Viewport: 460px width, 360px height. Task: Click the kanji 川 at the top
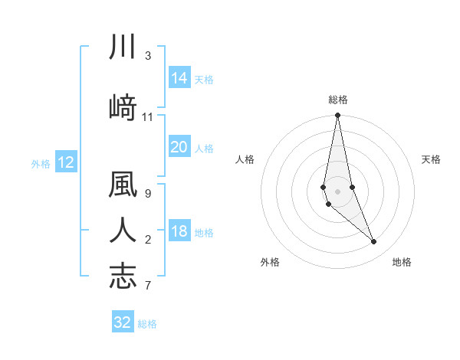(123, 47)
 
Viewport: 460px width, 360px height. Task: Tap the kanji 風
(123, 185)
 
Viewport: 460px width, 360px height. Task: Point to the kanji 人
(123, 230)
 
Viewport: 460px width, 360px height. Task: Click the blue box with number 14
(179, 78)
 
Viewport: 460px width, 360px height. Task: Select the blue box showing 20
(179, 147)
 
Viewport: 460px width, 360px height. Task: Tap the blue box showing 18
(179, 231)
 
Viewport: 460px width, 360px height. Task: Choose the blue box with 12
(65, 162)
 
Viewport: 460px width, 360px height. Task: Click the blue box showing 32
(123, 322)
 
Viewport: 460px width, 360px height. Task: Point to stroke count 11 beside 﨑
(148, 117)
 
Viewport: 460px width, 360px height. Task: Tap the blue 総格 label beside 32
(147, 324)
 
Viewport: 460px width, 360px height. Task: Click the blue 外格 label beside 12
(41, 163)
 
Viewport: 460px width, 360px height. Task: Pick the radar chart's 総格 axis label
(338, 100)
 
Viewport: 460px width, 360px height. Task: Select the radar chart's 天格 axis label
(432, 159)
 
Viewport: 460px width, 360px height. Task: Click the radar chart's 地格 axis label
(402, 262)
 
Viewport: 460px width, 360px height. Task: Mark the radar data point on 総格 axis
(337, 116)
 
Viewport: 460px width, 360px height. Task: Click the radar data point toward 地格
(374, 242)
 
